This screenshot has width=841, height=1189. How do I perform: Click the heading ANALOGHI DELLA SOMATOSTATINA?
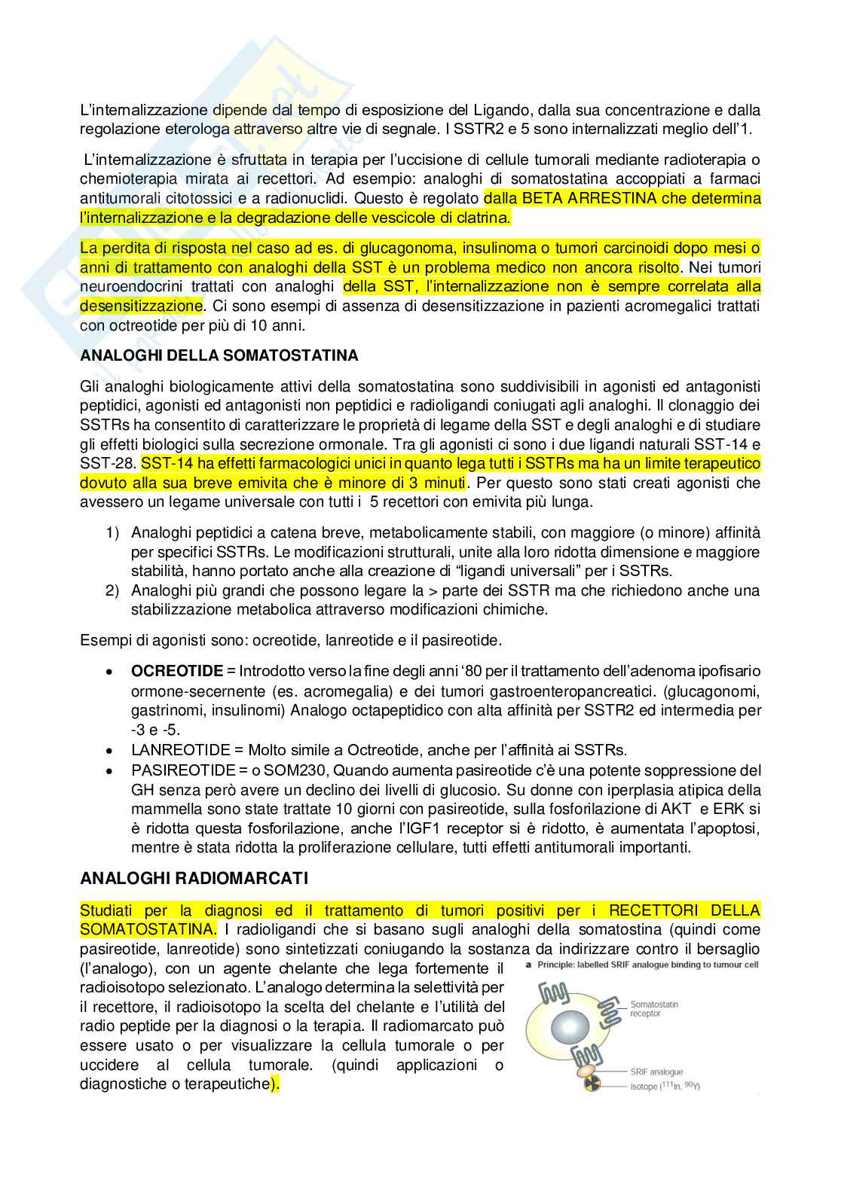[219, 355]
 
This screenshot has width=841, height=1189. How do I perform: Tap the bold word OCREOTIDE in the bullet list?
[177, 671]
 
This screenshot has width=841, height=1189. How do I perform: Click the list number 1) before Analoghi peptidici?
[112, 533]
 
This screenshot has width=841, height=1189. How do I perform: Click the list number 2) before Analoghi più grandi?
[112, 590]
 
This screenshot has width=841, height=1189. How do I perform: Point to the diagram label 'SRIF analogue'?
[657, 1072]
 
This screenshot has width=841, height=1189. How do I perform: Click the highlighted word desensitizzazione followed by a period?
[141, 306]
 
